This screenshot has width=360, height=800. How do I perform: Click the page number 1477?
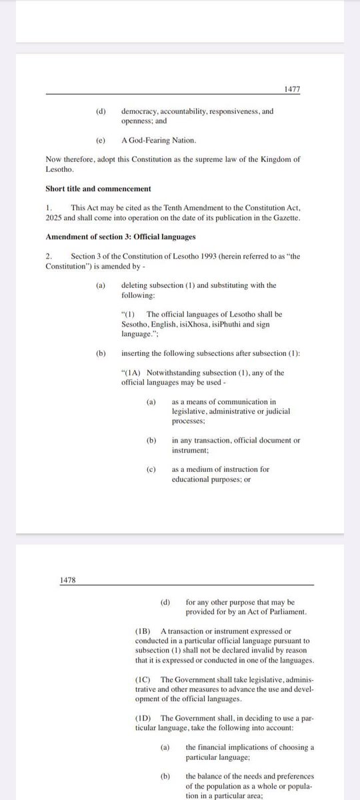291,87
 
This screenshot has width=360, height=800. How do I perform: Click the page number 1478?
69,580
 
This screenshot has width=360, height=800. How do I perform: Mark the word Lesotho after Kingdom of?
61,169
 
